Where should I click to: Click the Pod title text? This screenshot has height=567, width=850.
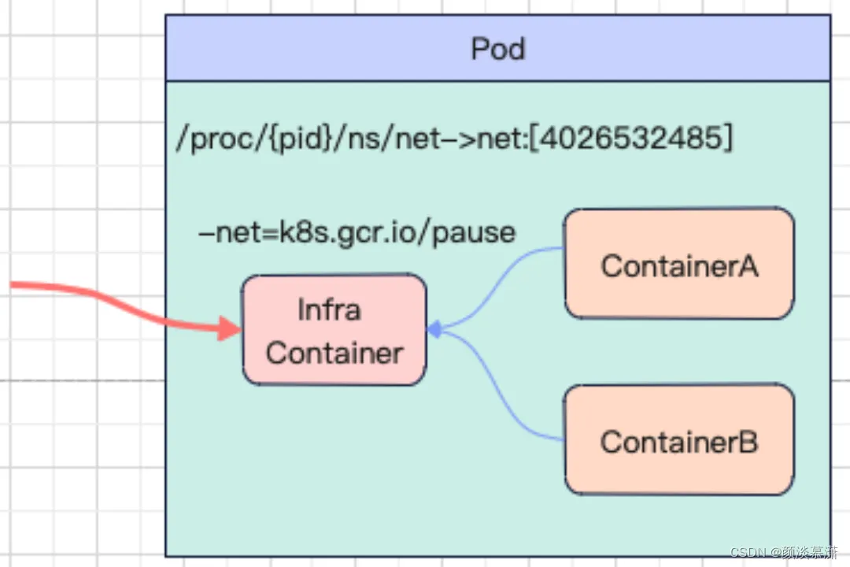pyautogui.click(x=498, y=49)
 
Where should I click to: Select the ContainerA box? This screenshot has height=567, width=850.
pyautogui.click(x=679, y=264)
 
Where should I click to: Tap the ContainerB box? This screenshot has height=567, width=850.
pyautogui.click(x=679, y=439)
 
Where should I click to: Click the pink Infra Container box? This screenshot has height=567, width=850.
pyautogui.click(x=334, y=330)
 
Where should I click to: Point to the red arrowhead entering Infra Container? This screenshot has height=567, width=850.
pyautogui.click(x=229, y=328)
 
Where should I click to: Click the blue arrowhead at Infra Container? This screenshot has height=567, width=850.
pyautogui.click(x=434, y=329)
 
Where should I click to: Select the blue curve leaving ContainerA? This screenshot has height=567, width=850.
pyautogui.click(x=488, y=287)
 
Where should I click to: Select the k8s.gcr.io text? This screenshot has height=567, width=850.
pyautogui.click(x=346, y=234)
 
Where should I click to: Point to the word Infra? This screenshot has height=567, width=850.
pyautogui.click(x=329, y=309)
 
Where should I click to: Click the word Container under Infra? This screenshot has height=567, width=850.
pyautogui.click(x=334, y=354)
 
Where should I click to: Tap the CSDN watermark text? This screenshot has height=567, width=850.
pyautogui.click(x=784, y=552)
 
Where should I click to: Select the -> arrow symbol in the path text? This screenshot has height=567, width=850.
pyautogui.click(x=459, y=139)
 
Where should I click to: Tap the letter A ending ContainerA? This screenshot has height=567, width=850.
pyautogui.click(x=747, y=266)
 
